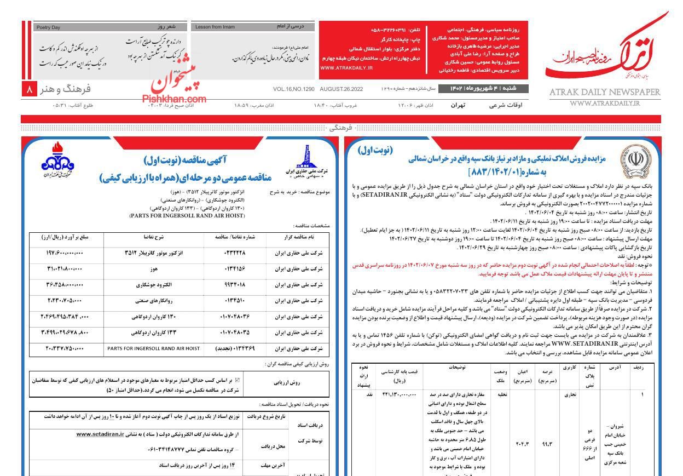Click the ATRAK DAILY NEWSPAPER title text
point(605,93)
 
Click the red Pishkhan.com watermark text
point(174,99)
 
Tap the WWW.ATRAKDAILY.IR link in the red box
point(346,68)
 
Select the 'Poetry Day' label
point(48,27)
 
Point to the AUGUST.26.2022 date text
point(341,89)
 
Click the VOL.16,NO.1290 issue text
point(293,89)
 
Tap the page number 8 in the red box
point(30,89)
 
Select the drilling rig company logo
point(305,159)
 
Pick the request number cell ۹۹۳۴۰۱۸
point(236,285)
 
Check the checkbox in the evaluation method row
point(236,379)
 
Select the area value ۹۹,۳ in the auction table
point(546,445)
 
